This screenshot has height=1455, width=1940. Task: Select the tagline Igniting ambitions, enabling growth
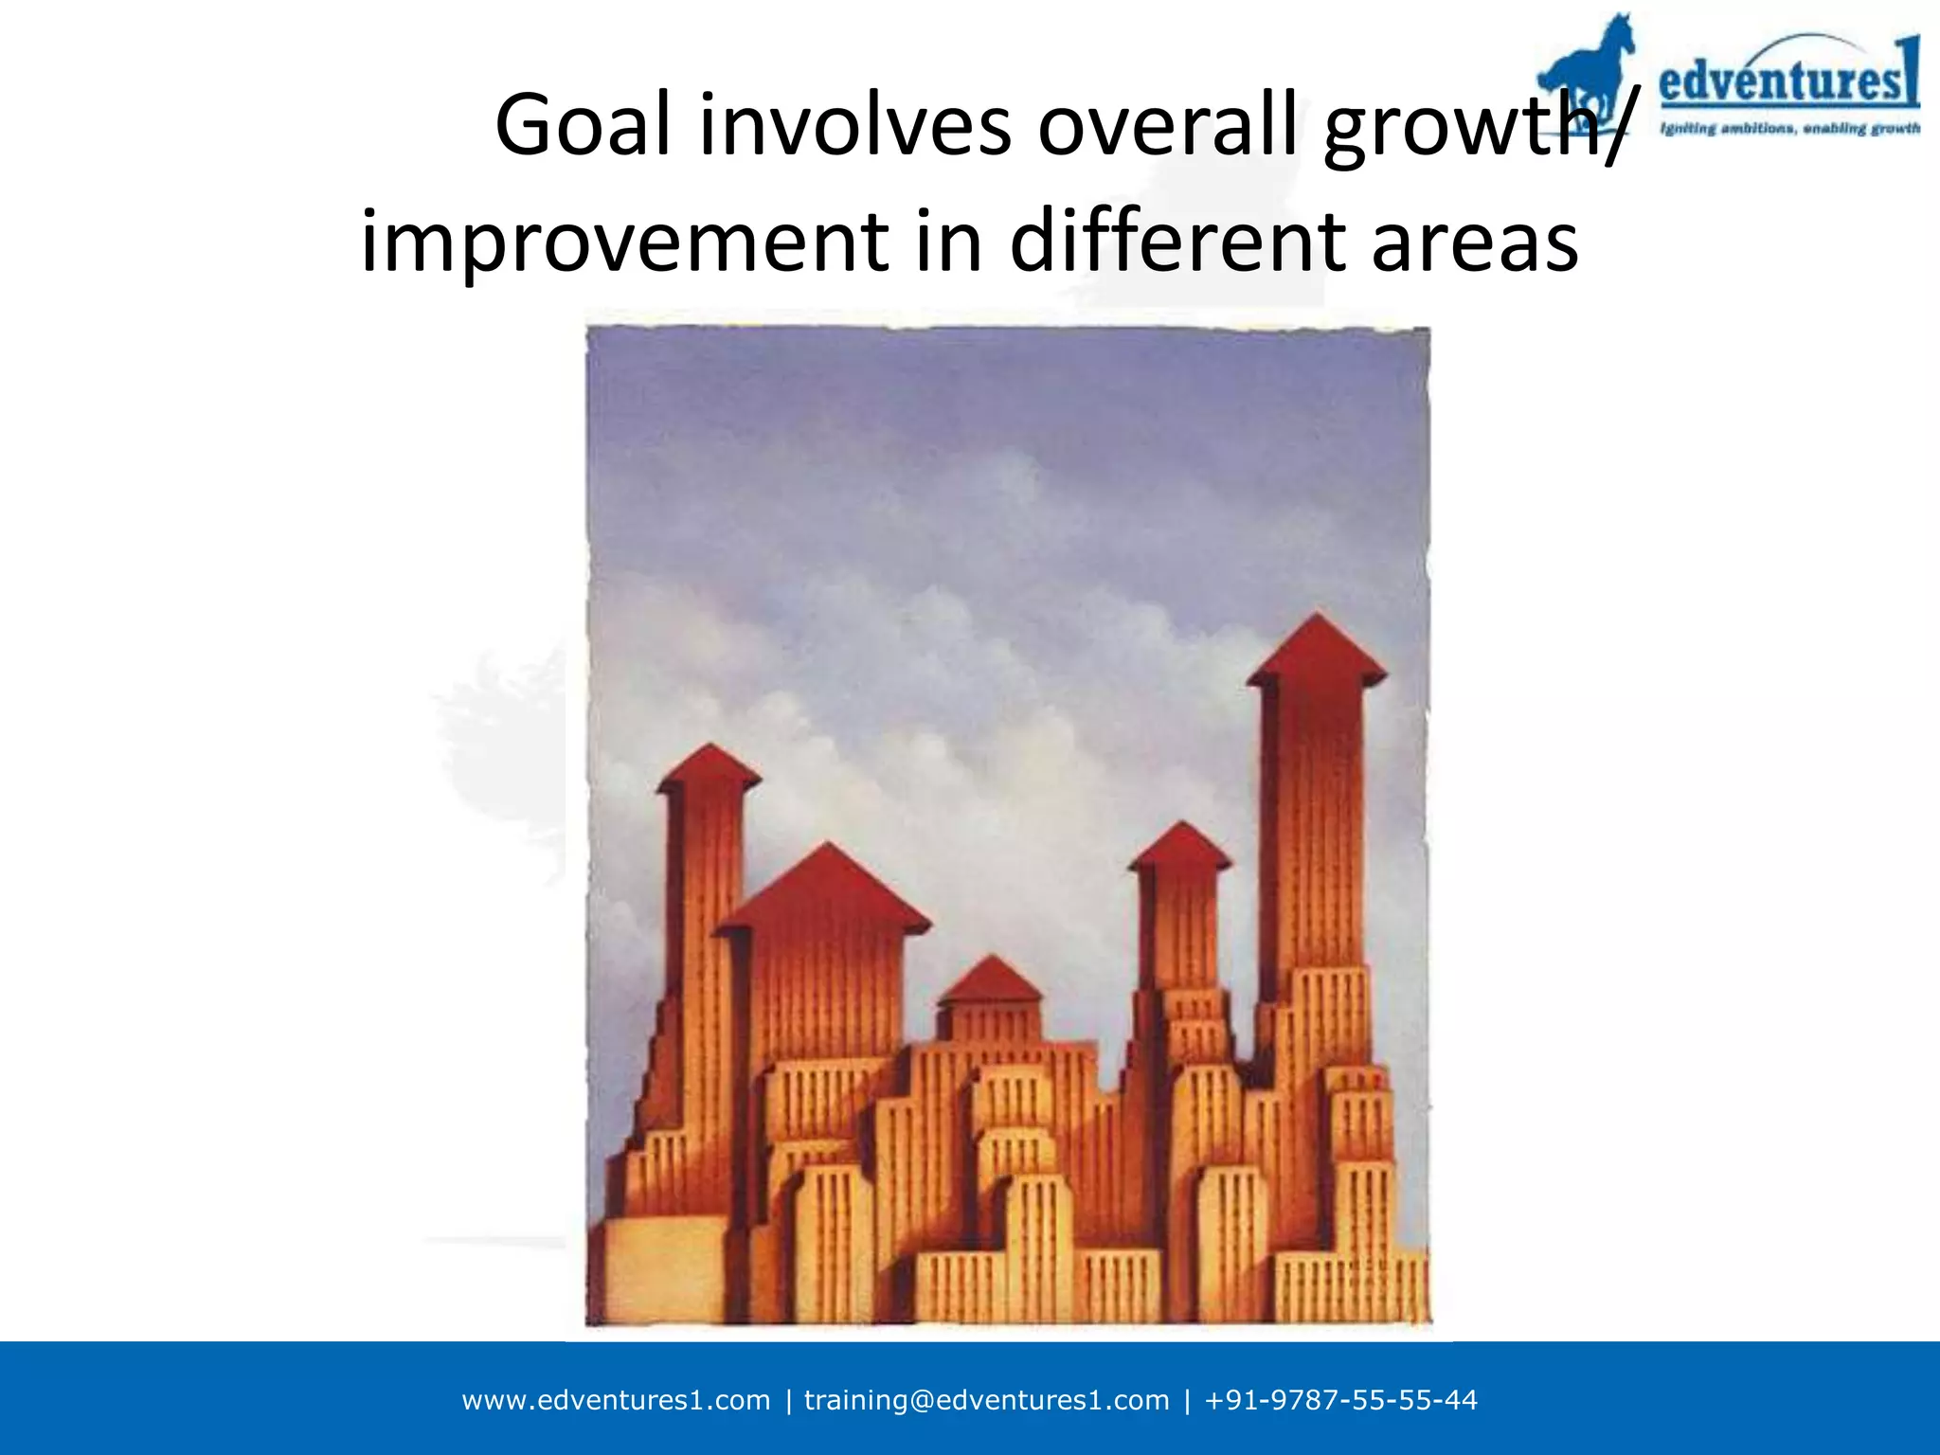coord(1789,129)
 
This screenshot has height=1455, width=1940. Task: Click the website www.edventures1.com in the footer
coord(616,1400)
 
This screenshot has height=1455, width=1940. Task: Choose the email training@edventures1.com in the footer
coord(986,1400)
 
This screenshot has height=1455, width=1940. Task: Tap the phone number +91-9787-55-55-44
coord(1340,1400)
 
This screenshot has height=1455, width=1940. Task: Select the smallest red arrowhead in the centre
coord(990,979)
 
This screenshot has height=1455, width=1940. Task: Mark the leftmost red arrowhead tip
coord(709,767)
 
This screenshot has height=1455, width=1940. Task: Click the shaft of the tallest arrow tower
coord(1318,824)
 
